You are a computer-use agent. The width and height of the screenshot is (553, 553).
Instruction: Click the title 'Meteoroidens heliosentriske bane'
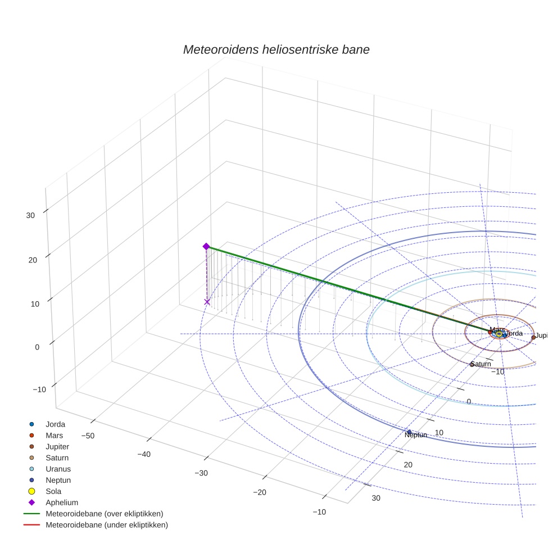click(x=276, y=49)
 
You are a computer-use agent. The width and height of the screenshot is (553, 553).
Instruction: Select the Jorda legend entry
click(x=55, y=424)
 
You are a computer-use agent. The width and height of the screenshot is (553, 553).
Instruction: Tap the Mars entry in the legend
click(x=54, y=435)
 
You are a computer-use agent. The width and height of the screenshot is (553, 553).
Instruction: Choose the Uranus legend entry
click(x=58, y=469)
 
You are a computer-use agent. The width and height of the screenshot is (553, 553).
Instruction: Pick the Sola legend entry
click(x=53, y=491)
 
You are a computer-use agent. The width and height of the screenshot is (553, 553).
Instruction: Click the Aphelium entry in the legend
click(x=61, y=502)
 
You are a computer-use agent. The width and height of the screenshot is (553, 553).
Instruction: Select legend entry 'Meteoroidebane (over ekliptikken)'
click(x=104, y=514)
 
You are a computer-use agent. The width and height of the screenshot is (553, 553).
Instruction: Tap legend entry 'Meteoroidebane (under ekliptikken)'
click(x=106, y=525)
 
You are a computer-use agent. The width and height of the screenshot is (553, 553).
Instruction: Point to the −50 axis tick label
click(x=88, y=436)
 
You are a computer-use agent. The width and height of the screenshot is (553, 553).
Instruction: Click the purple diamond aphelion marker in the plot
click(x=206, y=246)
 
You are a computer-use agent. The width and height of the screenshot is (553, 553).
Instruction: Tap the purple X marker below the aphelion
click(x=207, y=302)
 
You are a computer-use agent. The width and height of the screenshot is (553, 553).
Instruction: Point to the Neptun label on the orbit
click(x=416, y=435)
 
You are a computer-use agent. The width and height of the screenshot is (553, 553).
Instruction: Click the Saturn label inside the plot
click(x=481, y=364)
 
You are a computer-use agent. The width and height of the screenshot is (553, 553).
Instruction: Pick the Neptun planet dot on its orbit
click(x=409, y=432)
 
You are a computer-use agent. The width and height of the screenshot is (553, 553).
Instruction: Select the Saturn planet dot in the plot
click(x=472, y=364)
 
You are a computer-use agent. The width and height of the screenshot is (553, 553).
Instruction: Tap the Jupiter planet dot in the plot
click(x=533, y=337)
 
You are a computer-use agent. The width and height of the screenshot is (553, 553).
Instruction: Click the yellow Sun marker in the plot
click(x=498, y=334)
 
